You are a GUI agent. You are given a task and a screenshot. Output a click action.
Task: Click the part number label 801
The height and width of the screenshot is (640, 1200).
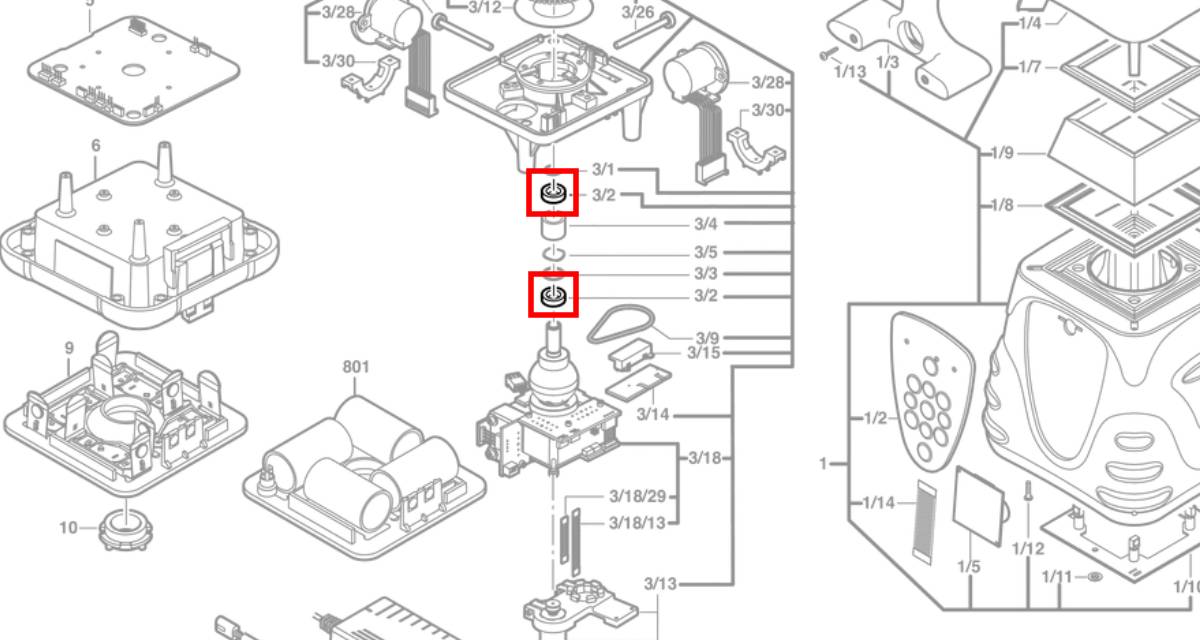(x=356, y=367)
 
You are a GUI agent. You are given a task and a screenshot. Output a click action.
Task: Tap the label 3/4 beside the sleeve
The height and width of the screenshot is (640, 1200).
(x=706, y=224)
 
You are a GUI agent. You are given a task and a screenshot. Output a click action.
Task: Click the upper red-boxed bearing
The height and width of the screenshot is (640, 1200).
(x=553, y=193)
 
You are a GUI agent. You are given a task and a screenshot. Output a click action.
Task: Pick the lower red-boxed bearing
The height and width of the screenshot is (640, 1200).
(x=553, y=295)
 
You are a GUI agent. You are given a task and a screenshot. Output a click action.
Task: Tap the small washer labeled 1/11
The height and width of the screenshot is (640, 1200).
(x=1094, y=578)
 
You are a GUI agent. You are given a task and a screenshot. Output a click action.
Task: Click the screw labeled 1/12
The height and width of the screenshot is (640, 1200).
(x=1027, y=500)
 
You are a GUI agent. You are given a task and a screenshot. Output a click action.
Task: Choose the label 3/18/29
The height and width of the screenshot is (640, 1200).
(x=637, y=497)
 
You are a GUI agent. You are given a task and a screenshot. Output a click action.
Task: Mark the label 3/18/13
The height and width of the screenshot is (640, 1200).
(x=637, y=523)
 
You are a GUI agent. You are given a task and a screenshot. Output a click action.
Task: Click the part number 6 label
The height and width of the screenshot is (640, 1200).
(x=96, y=146)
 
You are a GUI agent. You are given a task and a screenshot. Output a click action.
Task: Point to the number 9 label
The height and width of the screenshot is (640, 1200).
(x=69, y=348)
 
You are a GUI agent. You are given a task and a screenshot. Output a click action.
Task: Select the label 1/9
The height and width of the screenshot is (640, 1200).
(x=1002, y=153)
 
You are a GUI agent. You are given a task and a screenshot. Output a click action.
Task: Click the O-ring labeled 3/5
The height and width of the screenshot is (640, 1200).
(x=554, y=254)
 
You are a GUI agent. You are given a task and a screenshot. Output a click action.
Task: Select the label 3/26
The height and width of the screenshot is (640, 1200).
(x=637, y=12)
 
